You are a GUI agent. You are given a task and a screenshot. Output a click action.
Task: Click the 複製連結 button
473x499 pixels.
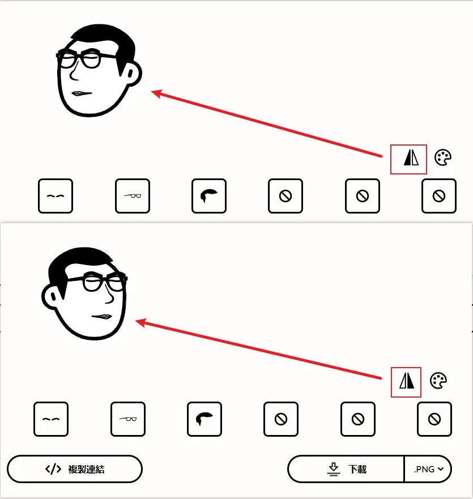click(x=75, y=469)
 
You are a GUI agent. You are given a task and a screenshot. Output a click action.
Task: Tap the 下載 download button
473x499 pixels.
click(x=346, y=469)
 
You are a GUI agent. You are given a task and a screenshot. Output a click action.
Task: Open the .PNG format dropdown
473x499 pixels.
click(x=428, y=469)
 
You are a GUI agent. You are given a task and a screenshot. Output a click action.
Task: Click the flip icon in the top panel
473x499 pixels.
click(x=411, y=158)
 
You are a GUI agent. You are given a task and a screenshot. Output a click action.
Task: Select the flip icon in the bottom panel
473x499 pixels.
click(x=407, y=381)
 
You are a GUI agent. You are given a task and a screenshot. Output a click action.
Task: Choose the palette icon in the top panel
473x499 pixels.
click(x=443, y=157)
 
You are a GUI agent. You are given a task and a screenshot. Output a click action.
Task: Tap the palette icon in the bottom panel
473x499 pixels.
click(x=438, y=381)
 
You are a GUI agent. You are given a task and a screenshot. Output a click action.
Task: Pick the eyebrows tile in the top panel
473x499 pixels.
click(x=56, y=196)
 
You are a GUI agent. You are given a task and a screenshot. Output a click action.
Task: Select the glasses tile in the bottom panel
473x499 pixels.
click(x=128, y=419)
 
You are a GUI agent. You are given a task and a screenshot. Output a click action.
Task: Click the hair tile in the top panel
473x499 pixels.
click(x=209, y=196)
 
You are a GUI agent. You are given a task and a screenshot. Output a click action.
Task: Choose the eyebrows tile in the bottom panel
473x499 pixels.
click(x=51, y=419)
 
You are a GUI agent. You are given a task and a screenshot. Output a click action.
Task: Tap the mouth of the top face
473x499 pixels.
click(x=82, y=93)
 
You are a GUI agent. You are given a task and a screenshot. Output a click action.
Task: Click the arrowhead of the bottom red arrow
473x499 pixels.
click(x=141, y=323)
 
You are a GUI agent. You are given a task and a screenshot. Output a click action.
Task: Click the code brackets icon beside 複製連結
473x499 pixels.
click(x=53, y=469)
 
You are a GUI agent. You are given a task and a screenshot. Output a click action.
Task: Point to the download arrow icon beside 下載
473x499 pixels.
click(x=333, y=470)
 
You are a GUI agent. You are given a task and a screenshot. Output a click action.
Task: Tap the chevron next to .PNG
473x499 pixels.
click(x=441, y=469)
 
